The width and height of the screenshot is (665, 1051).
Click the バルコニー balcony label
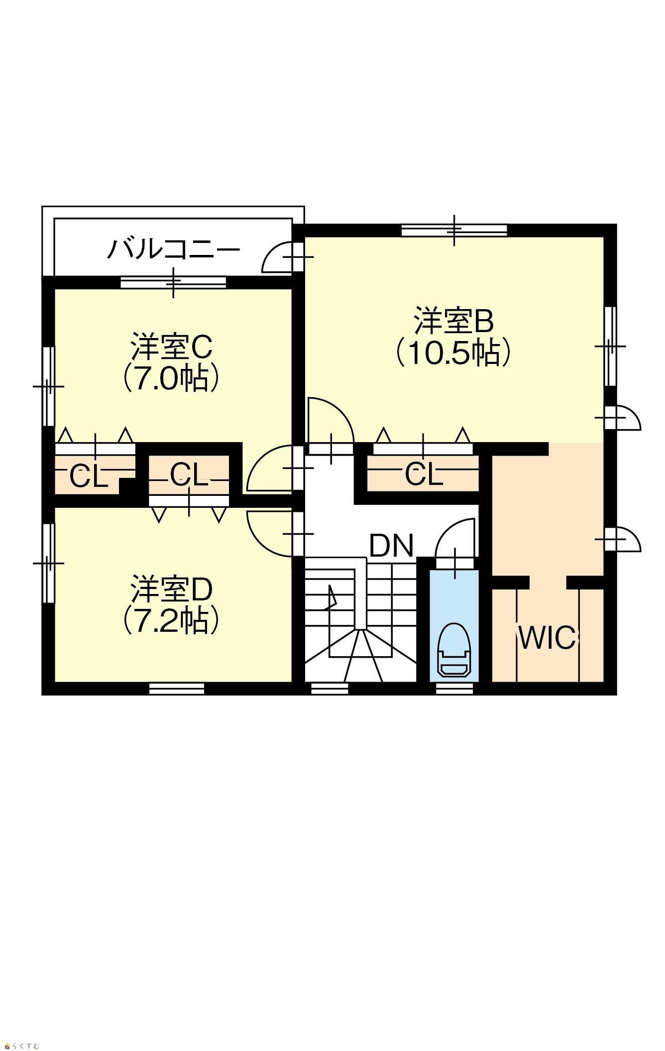click(173, 250)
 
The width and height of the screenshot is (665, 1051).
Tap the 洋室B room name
click(454, 321)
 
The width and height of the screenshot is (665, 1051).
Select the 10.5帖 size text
click(453, 353)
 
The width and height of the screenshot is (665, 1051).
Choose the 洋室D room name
click(172, 589)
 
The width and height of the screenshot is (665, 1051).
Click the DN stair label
click(392, 546)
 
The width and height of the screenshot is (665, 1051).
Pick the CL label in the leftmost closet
click(89, 477)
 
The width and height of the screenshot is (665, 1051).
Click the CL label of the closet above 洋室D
click(189, 474)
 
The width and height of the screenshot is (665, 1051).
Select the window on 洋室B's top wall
click(454, 231)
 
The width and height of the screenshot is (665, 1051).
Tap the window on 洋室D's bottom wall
click(177, 689)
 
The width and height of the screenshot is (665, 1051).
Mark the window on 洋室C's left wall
click(48, 386)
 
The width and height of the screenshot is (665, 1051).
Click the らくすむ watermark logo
click(22, 1044)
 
